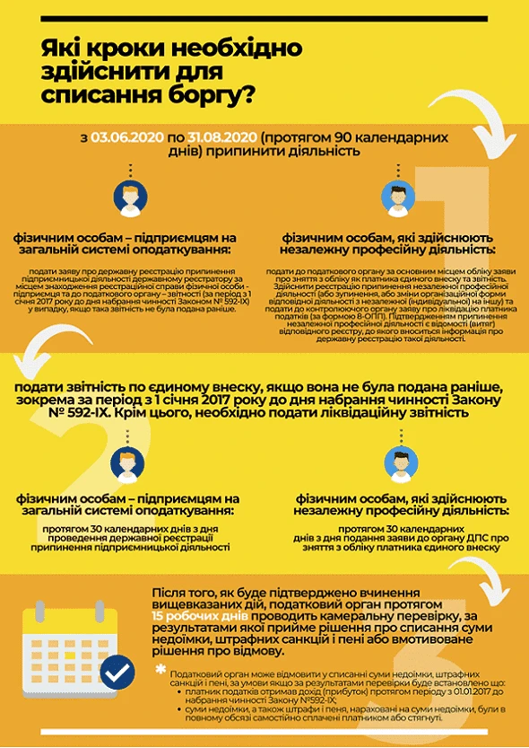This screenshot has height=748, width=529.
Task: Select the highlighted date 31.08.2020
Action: click(x=221, y=136)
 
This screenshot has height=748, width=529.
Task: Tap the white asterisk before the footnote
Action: click(x=160, y=671)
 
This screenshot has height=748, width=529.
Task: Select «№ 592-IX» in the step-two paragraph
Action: click(x=48, y=414)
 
